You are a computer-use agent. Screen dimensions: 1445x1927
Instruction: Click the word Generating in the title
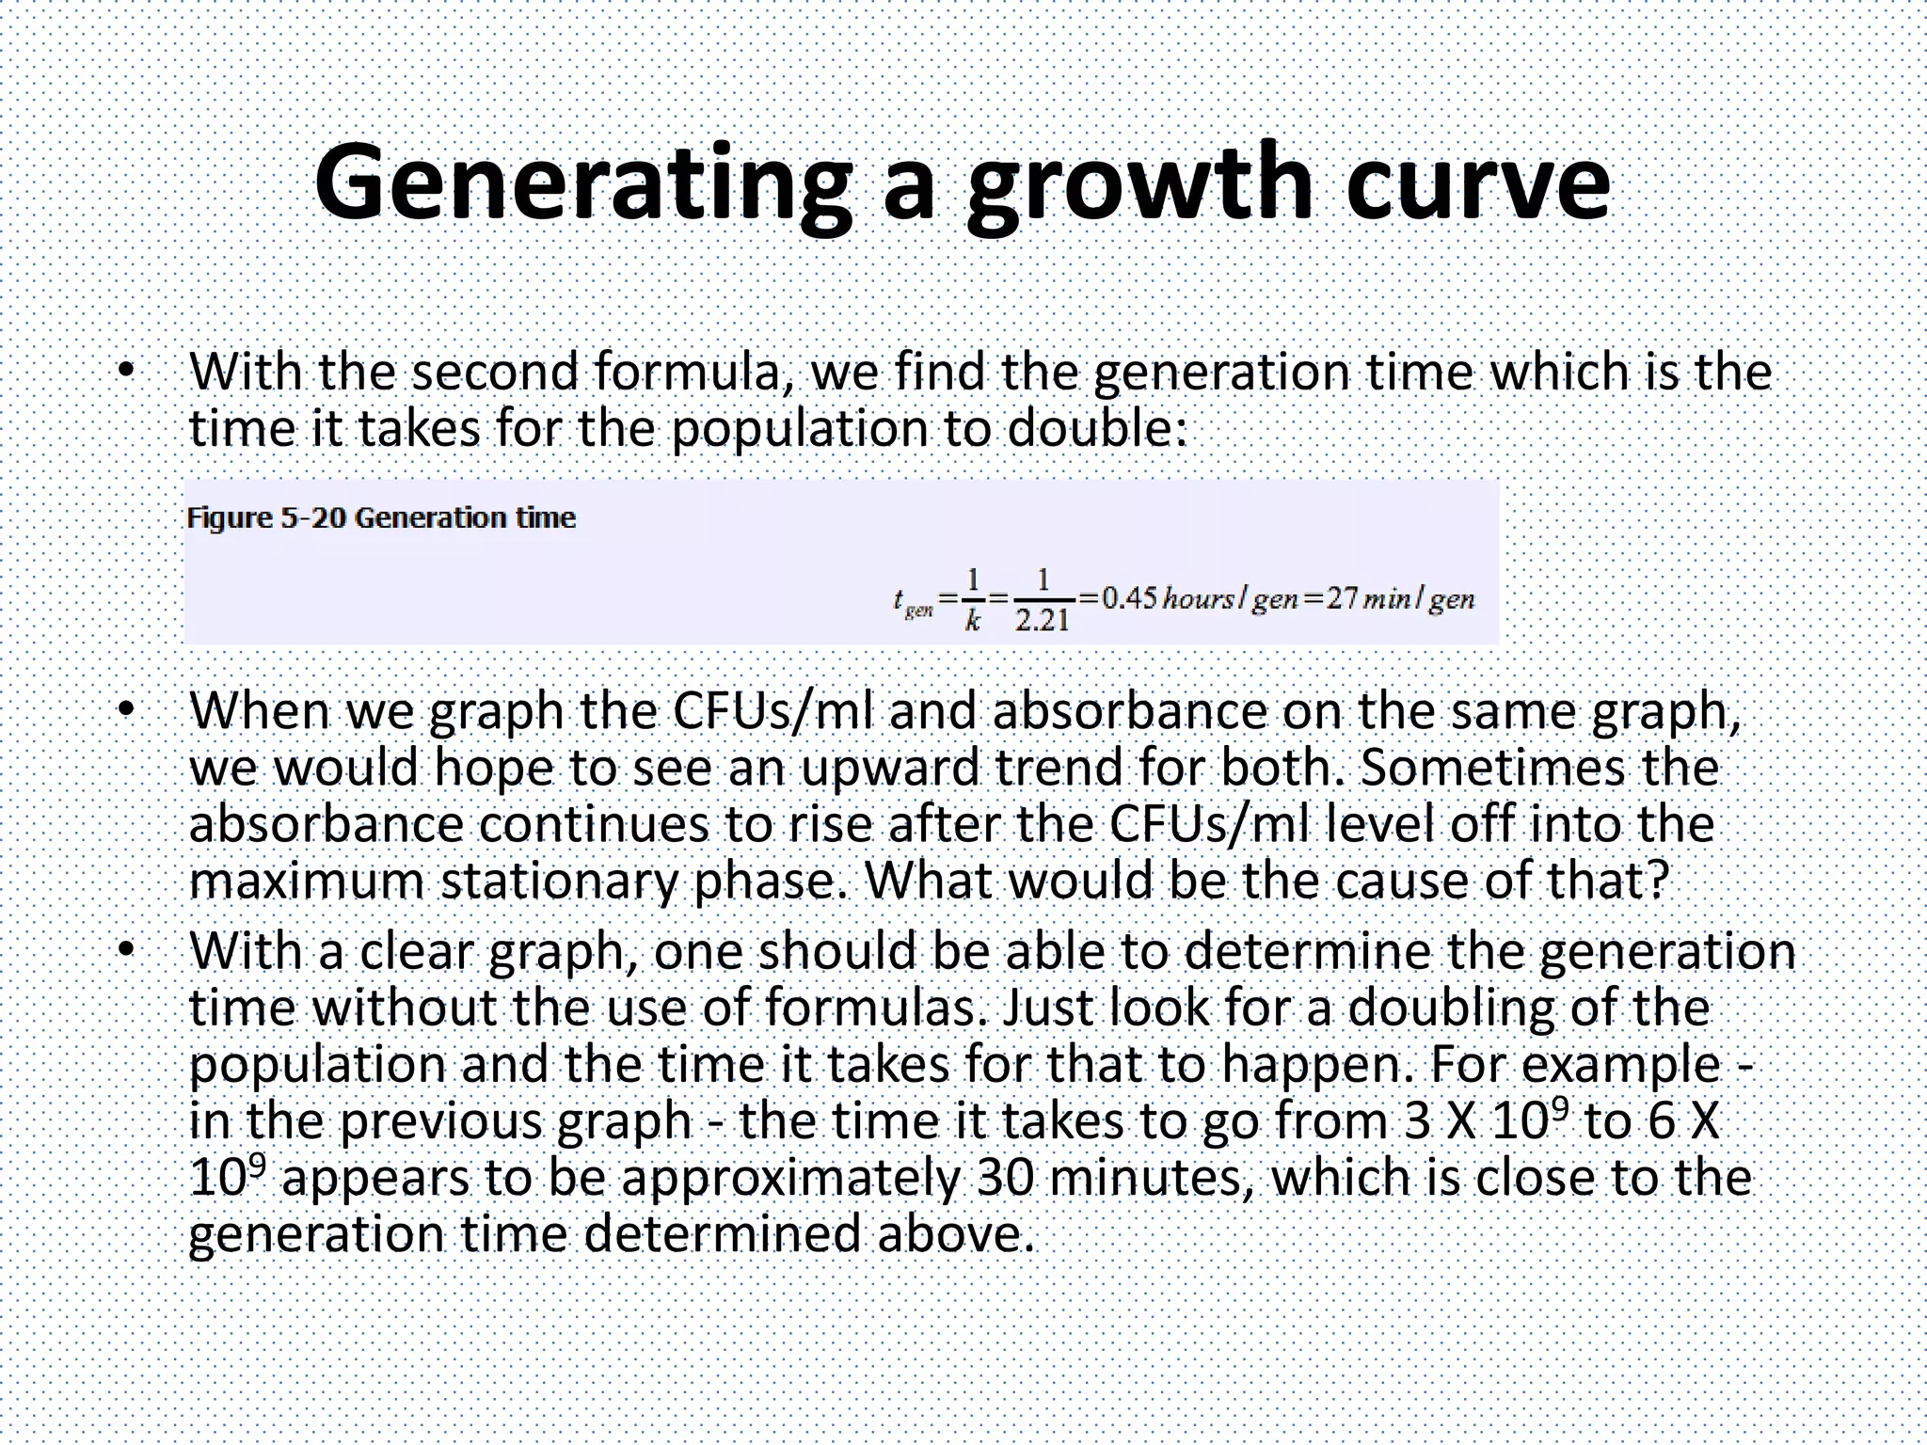pos(583,183)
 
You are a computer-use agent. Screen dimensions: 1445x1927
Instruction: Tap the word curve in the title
pos(1477,183)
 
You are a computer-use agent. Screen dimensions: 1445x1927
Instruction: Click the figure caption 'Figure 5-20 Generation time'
pos(381,517)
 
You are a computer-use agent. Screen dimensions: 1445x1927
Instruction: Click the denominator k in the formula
pos(973,621)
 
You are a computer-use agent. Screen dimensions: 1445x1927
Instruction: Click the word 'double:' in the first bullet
pos(1097,429)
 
